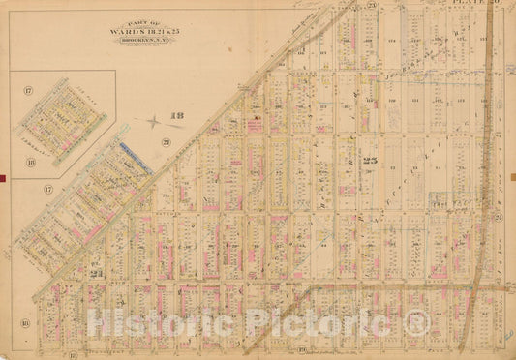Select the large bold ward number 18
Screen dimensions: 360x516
177,118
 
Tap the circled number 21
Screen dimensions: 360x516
166,143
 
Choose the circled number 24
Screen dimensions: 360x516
498,218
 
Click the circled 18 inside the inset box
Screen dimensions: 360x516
30,163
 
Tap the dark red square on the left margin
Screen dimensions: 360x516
4,176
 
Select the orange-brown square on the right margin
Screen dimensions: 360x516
512,176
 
